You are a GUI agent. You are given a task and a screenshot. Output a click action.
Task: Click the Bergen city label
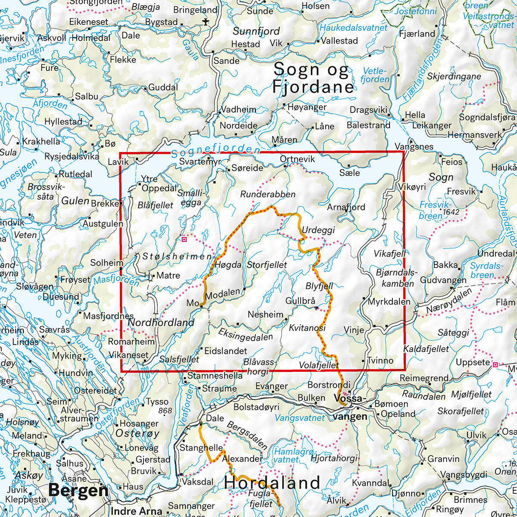pyautogui.click(x=78, y=490)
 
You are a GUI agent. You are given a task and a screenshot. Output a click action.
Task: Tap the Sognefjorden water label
pyautogui.click(x=215, y=150)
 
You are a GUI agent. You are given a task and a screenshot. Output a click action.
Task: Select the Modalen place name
pyautogui.click(x=222, y=293)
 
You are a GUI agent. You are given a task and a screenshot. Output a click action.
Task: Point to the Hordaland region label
pyautogui.click(x=272, y=483)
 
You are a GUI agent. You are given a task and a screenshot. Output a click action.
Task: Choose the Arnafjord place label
pyautogui.click(x=346, y=207)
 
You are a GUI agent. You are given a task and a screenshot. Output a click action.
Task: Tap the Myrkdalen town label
pyautogui.click(x=389, y=302)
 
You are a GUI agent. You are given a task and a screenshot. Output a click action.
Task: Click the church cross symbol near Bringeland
pyautogui.click(x=206, y=21)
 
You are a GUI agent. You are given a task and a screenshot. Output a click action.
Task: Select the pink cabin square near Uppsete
pyautogui.click(x=495, y=364)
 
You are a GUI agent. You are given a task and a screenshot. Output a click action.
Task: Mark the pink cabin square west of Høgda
pyautogui.click(x=184, y=238)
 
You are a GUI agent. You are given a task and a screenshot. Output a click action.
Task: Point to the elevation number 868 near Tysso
pyautogui.click(x=165, y=411)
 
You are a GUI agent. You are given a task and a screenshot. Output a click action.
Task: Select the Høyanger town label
pyautogui.click(x=308, y=107)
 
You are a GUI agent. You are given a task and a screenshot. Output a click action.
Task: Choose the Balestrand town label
pyautogui.click(x=368, y=125)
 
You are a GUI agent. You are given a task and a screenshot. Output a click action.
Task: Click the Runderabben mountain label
pyautogui.click(x=268, y=194)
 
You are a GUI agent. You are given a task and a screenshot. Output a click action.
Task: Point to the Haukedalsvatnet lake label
pyautogui.click(x=354, y=27)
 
